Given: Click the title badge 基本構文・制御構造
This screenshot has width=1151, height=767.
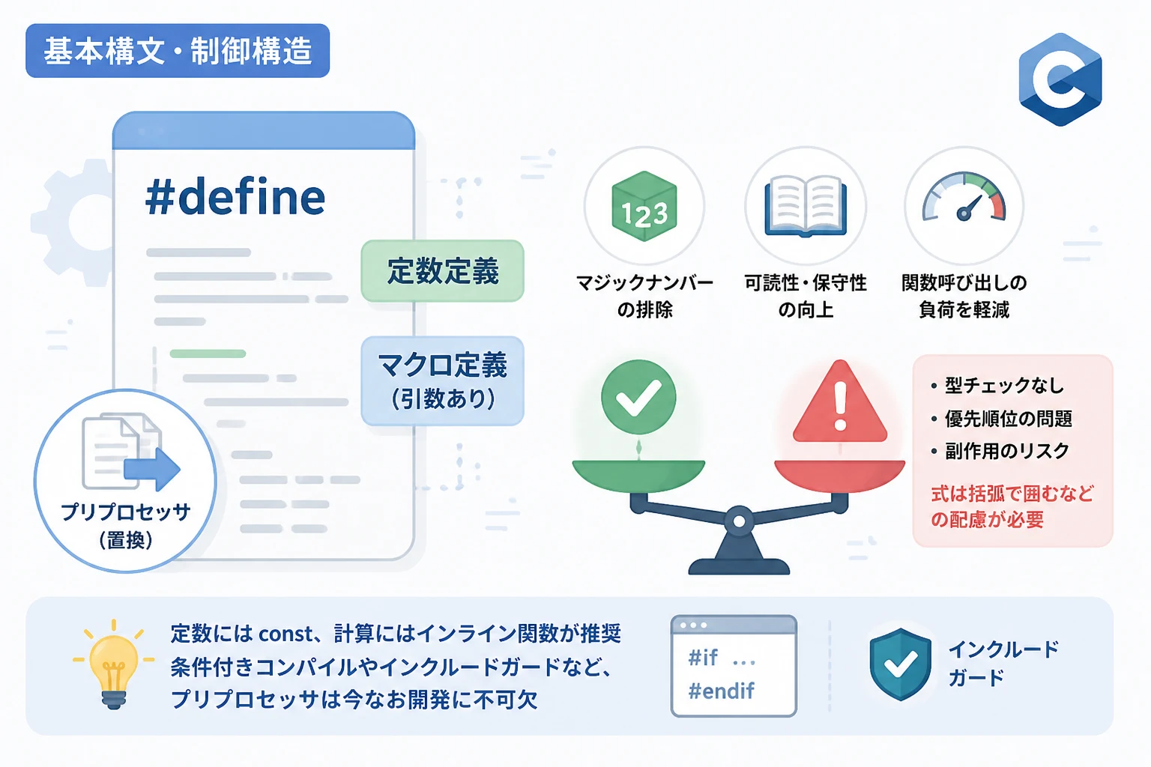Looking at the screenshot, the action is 178,51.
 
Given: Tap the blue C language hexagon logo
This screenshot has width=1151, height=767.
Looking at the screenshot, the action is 1060,79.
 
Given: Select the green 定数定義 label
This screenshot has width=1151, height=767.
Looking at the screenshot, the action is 442,270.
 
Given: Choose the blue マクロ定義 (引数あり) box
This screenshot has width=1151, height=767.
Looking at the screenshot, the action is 442,381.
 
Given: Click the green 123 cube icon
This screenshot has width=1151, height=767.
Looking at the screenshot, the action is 644,206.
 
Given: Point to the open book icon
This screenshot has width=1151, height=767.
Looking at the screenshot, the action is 806,206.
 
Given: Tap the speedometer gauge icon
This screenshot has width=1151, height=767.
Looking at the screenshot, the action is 964,198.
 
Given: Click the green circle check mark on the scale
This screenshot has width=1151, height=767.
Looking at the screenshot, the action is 638,397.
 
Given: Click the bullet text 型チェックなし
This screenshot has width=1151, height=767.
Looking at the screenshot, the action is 1004,385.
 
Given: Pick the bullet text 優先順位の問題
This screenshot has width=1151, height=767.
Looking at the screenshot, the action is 1008,419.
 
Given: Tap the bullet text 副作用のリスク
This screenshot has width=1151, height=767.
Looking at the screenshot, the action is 1006,451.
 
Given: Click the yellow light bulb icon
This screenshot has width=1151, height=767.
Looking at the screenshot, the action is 114,665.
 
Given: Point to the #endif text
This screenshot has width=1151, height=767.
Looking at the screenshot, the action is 722,691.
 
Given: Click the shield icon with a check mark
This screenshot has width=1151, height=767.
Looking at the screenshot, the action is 900,664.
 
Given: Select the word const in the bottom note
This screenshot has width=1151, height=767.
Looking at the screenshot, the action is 286,634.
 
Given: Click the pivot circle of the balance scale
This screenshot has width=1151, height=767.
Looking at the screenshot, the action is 740,521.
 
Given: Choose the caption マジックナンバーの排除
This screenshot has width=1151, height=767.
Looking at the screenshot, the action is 644,297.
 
